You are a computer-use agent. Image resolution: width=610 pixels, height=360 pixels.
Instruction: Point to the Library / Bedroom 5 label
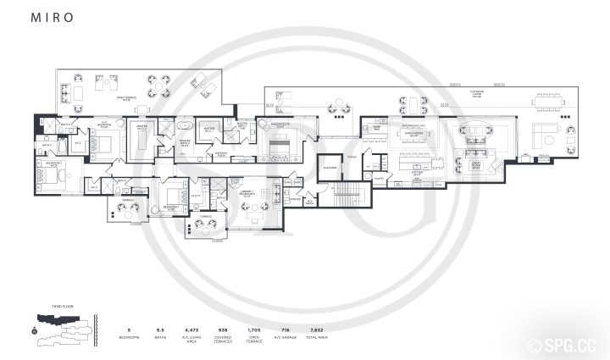point(248,193)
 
